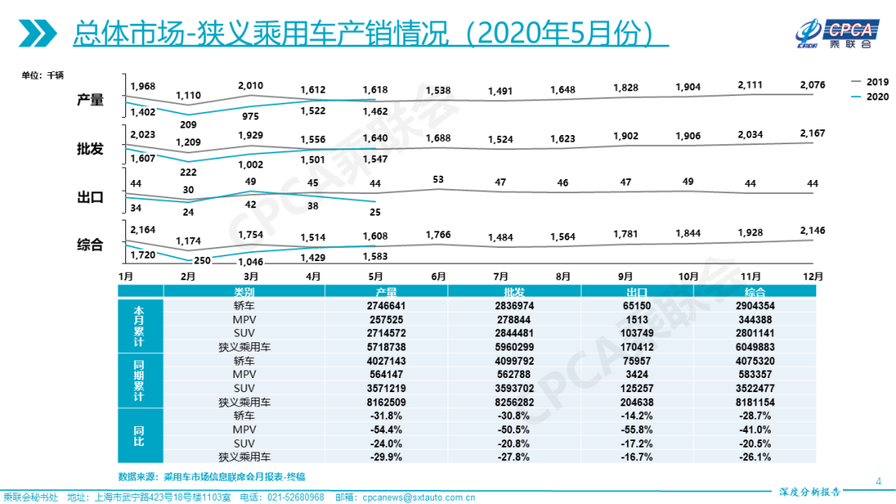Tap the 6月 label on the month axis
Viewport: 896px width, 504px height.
tap(438, 276)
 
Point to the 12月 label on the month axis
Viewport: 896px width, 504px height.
tap(813, 276)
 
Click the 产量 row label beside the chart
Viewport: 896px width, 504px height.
tap(90, 99)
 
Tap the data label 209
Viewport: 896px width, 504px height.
tap(188, 124)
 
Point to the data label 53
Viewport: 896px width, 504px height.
tap(439, 179)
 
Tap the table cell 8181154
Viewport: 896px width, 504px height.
tap(755, 402)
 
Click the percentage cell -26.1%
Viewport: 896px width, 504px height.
tap(755, 457)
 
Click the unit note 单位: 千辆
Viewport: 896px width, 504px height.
tap(43, 76)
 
